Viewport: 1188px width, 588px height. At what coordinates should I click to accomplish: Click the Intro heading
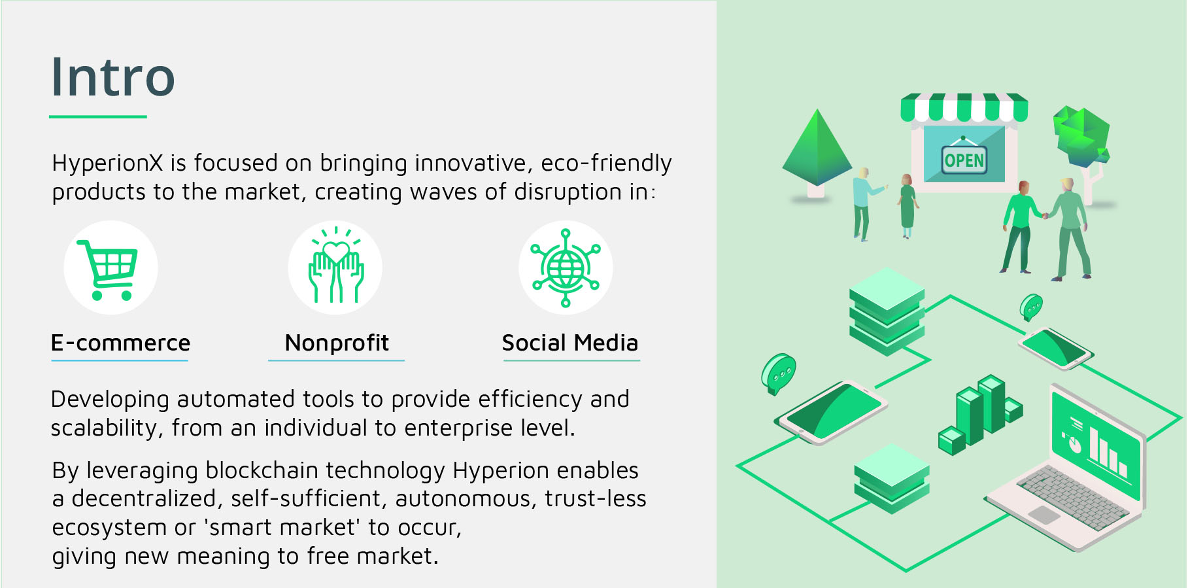click(113, 77)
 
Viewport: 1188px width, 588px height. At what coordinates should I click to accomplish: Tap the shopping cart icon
click(108, 269)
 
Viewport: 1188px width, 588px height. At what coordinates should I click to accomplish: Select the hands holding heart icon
click(336, 266)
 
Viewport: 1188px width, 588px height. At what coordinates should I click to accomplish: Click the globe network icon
click(566, 268)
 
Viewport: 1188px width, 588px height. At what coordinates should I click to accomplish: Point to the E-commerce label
click(120, 343)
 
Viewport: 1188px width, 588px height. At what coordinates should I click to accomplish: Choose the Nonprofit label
click(337, 343)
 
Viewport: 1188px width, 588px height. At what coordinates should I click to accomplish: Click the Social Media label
click(569, 343)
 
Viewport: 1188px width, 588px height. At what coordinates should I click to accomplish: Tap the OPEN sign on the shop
click(964, 160)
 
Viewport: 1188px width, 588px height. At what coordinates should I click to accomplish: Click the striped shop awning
click(964, 107)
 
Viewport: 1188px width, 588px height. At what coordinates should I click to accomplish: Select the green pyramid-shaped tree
click(817, 149)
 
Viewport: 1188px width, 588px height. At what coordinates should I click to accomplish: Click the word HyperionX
click(107, 163)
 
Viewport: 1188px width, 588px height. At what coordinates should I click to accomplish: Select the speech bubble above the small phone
click(1031, 307)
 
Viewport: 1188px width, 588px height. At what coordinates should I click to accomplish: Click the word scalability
click(105, 428)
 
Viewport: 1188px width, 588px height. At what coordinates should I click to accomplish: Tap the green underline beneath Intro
click(98, 117)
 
